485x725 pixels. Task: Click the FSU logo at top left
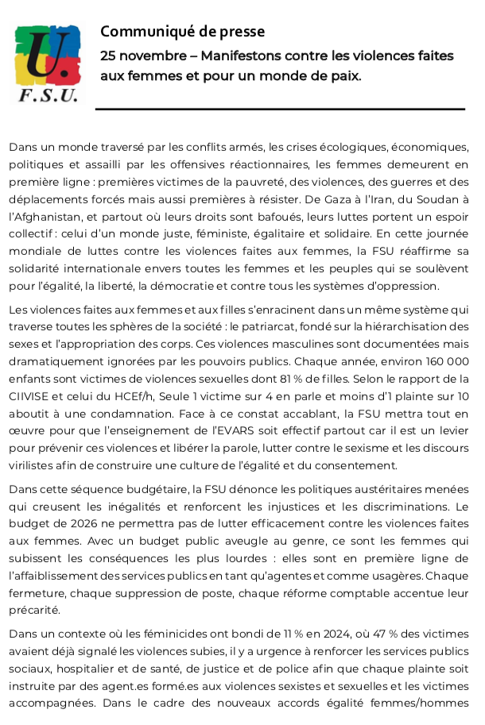[48, 64]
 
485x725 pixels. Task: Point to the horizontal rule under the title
[280, 109]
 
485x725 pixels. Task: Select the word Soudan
[443, 198]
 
